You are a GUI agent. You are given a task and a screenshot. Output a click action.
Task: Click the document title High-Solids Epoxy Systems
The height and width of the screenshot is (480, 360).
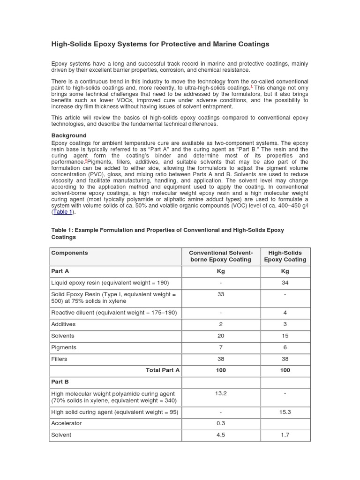[160, 44]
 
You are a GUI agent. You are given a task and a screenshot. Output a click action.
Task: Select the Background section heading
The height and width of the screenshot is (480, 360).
[69, 135]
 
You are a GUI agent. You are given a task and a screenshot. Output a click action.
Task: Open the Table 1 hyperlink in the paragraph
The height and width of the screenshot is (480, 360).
[63, 212]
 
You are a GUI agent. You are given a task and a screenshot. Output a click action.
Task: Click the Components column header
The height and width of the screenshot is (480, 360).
[69, 253]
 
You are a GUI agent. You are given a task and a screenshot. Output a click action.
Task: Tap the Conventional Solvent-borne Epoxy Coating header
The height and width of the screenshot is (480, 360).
[221, 256]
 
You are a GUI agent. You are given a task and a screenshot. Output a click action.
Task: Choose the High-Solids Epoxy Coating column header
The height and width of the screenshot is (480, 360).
[285, 256]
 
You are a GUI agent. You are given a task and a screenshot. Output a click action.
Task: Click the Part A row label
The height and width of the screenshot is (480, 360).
[60, 271]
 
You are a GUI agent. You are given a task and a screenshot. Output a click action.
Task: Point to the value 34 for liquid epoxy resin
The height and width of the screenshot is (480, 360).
[285, 283]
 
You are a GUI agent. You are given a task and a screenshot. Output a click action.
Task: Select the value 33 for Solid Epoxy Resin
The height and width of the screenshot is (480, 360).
[221, 294]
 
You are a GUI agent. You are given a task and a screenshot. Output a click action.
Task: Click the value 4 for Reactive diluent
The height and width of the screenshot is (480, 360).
[285, 313]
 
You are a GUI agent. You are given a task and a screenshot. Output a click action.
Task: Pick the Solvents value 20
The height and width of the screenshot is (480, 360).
[221, 336]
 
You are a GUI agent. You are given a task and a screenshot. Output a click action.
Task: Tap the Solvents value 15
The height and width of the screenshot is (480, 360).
[285, 336]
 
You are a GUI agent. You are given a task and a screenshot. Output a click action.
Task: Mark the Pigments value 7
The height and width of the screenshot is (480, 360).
[221, 347]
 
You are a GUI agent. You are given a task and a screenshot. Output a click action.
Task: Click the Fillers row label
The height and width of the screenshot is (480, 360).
[59, 359]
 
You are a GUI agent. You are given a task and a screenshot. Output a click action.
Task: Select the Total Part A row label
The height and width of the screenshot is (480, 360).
[163, 370]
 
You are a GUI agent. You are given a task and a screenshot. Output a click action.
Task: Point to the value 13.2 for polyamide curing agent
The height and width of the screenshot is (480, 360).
[221, 393]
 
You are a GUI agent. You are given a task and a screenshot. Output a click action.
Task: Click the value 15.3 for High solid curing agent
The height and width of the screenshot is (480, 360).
[285, 412]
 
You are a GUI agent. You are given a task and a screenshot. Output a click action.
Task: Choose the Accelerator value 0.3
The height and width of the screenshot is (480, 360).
[221, 423]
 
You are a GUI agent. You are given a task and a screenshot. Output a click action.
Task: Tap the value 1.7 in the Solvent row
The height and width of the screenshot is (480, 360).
[285, 435]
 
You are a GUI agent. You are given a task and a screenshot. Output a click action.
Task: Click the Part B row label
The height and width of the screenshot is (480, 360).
[60, 382]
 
